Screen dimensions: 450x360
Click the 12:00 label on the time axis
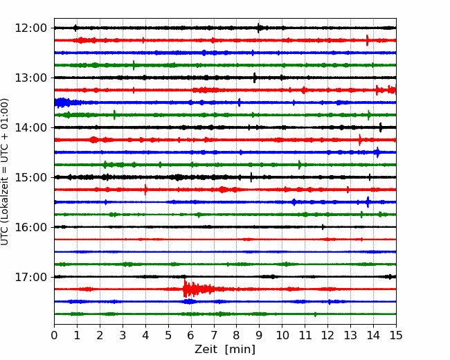point(31,28)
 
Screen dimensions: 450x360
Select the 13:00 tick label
point(31,78)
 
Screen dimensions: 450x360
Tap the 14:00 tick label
point(31,127)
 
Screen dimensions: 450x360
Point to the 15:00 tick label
point(31,177)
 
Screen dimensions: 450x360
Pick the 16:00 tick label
point(31,227)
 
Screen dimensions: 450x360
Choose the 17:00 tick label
point(31,277)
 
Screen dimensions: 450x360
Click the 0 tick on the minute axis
point(54,335)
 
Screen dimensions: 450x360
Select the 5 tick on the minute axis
point(168,335)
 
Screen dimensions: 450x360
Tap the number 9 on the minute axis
point(260,335)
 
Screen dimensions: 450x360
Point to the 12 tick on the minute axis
point(327,335)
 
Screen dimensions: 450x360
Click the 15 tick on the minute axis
point(396,335)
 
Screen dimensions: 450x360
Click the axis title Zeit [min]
point(225,349)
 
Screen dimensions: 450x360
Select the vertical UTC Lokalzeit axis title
point(5,172)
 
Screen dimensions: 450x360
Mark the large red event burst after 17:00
point(198,288)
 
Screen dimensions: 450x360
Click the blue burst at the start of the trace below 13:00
point(62,102)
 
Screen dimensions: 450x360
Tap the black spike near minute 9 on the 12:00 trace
point(259,28)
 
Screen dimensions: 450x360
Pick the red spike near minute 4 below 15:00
point(145,190)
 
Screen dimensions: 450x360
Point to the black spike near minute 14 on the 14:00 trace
point(381,127)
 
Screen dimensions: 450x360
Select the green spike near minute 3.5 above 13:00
point(134,65)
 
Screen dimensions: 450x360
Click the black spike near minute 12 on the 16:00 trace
point(323,227)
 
